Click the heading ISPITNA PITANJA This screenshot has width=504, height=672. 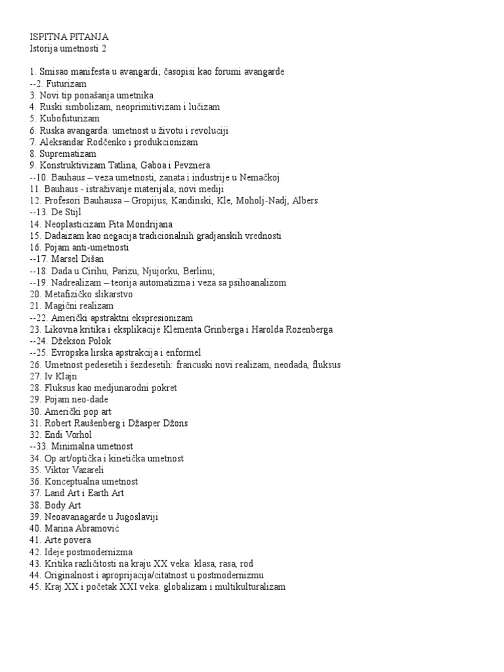click(x=70, y=37)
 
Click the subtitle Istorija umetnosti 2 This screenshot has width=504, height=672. click(x=72, y=48)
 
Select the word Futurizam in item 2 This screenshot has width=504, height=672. click(x=68, y=83)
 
